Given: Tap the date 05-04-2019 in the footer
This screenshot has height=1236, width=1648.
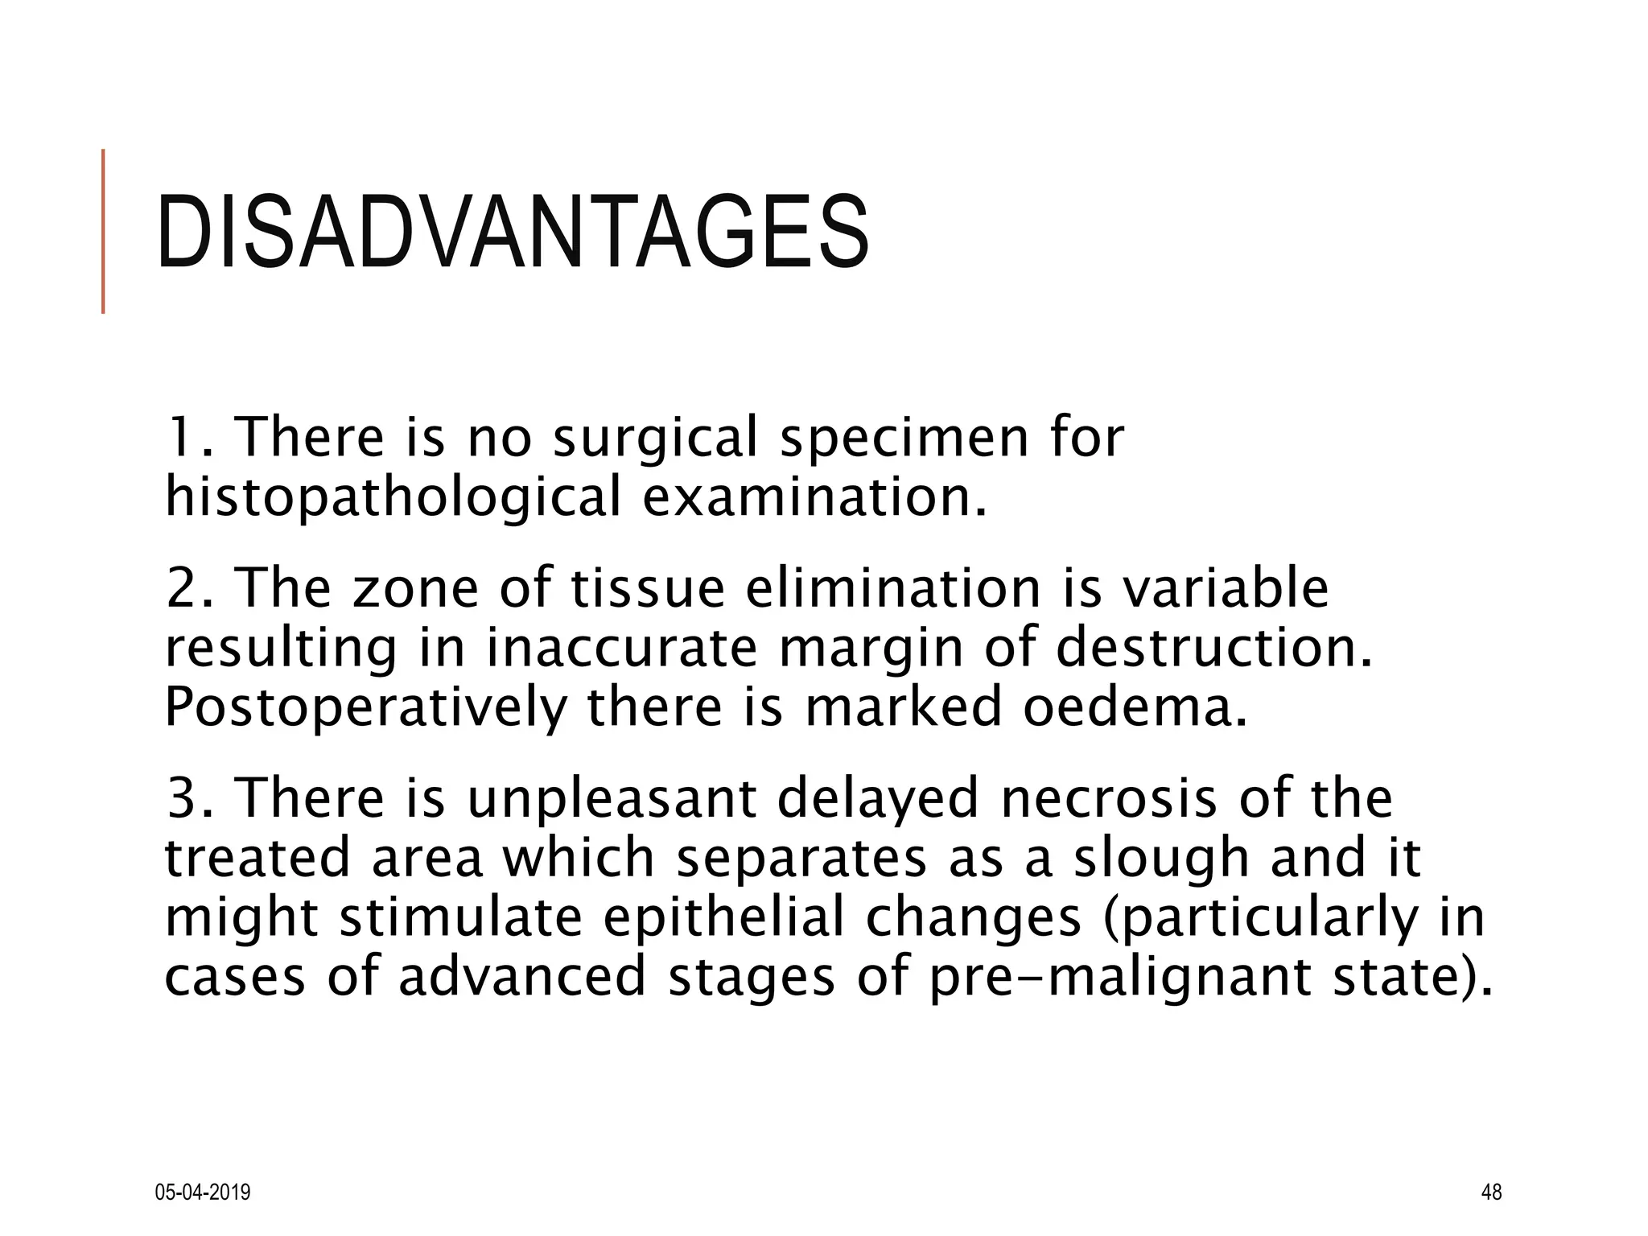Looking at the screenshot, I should point(202,1192).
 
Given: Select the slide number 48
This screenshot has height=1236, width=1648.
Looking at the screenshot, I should point(1491,1192).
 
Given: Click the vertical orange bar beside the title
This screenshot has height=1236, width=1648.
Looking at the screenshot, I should point(103,231).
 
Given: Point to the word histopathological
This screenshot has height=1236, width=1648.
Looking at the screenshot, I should point(393,498).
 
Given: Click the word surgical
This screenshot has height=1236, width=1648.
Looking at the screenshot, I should point(656,439).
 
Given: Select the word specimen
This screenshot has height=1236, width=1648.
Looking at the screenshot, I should point(904,439).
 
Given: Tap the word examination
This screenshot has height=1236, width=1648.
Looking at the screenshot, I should point(814,496).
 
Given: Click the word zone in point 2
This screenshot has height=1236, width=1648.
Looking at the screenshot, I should point(415,588).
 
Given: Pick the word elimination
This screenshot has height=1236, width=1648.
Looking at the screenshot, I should point(893,588).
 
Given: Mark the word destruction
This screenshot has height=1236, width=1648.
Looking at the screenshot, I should point(1213,648).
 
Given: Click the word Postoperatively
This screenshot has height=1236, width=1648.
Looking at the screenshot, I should point(365,707).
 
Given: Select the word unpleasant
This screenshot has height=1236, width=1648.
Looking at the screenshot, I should point(612,798).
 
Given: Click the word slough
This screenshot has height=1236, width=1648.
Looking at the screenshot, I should point(1163,858).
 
